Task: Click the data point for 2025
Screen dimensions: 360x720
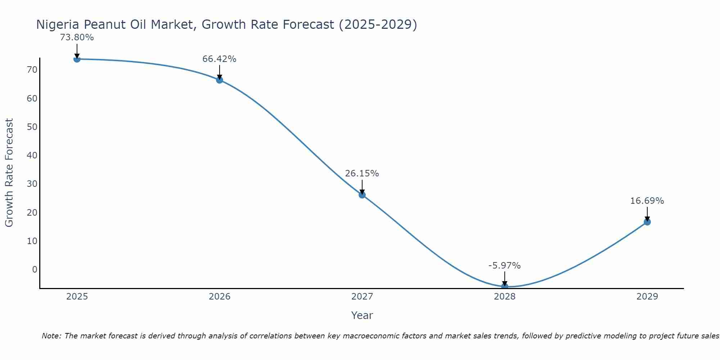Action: (77, 59)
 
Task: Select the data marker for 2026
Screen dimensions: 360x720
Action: (220, 80)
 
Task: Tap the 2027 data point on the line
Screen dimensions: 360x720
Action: (362, 195)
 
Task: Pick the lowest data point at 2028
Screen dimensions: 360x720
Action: (505, 287)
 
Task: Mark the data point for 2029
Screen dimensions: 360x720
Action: (647, 222)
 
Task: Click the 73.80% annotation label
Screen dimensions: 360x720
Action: (77, 37)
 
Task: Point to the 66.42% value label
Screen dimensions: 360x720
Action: (219, 59)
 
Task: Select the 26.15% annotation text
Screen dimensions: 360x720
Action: (362, 174)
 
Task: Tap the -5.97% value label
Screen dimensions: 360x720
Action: (504, 266)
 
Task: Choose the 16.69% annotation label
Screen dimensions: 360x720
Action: (647, 201)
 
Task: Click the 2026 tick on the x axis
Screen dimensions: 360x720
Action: (220, 297)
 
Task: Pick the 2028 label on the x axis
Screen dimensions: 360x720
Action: (505, 297)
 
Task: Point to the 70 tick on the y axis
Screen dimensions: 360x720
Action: (32, 70)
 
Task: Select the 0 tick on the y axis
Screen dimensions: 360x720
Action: (35, 270)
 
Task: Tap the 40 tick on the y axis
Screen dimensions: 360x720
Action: (32, 156)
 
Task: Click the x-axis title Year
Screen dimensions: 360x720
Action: (362, 315)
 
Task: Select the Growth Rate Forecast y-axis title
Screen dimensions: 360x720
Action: (9, 173)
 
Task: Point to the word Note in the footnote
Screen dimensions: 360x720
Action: (52, 336)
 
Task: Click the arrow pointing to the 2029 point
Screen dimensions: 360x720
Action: (647, 214)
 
